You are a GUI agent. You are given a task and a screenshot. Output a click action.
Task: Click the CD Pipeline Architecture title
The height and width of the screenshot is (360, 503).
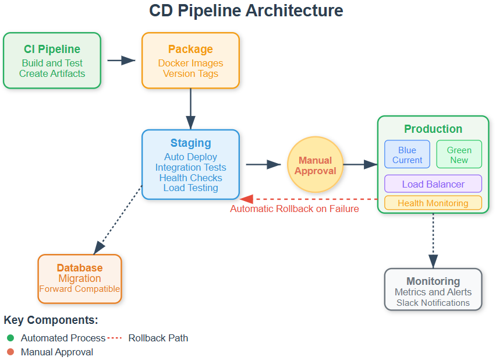click(246, 10)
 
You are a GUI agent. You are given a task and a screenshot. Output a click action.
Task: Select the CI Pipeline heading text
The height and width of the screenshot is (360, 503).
click(52, 49)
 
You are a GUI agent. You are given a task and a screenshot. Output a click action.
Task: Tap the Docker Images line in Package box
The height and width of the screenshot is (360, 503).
click(190, 63)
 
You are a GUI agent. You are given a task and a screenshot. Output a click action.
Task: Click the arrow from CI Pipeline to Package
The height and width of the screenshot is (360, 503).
click(121, 61)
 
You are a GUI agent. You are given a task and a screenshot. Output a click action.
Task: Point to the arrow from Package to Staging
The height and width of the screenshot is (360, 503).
click(190, 109)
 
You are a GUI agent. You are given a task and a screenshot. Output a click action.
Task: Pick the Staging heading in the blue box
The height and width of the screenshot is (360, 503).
click(190, 143)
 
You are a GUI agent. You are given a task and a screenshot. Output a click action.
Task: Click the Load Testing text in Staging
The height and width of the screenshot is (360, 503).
click(190, 188)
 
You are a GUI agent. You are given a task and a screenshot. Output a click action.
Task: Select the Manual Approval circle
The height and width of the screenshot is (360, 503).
click(316, 165)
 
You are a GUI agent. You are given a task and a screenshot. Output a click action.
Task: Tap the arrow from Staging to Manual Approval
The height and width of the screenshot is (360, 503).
click(263, 165)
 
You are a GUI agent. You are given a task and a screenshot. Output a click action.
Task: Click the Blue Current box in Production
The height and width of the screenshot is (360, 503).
click(407, 154)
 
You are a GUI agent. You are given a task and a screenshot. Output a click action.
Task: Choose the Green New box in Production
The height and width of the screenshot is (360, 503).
click(459, 154)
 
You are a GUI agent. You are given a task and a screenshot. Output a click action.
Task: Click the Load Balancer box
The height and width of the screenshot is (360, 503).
click(433, 184)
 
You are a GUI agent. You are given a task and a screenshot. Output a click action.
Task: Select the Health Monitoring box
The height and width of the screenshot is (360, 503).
click(433, 203)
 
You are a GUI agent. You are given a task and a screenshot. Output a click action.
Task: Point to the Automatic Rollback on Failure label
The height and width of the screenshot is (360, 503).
click(295, 209)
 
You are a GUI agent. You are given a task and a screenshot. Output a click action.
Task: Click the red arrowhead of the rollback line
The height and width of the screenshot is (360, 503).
click(246, 199)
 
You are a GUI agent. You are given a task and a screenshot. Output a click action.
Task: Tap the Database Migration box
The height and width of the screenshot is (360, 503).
click(80, 279)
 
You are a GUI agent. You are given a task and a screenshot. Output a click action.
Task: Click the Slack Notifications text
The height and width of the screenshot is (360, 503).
click(433, 302)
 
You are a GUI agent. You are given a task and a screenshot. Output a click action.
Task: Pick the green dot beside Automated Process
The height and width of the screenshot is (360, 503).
click(10, 338)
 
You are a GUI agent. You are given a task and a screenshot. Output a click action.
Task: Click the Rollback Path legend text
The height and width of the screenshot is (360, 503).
click(158, 338)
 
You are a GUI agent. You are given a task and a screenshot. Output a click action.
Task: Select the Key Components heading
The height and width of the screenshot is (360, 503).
click(51, 320)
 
